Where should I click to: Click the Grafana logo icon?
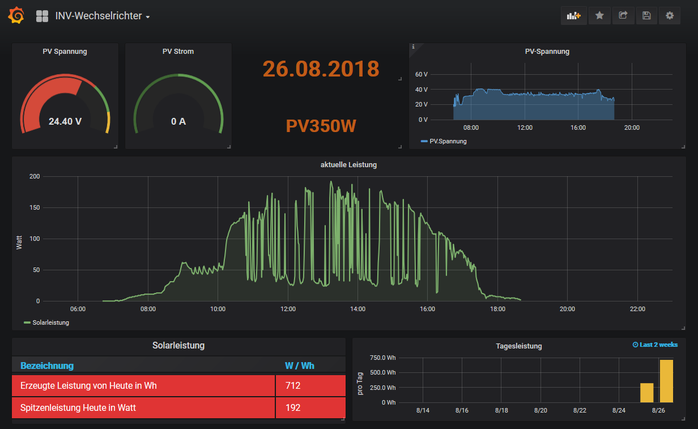16,15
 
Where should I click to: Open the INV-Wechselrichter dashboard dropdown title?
103,16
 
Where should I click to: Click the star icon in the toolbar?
599,15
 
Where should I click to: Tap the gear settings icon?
670,15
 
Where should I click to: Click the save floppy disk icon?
646,15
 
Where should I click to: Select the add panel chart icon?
574,15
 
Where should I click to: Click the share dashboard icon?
623,15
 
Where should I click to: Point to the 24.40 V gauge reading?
65,121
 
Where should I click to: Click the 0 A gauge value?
178,121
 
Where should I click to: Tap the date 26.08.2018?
321,69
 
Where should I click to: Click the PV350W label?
321,126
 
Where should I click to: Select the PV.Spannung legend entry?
444,141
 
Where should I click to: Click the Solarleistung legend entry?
46,322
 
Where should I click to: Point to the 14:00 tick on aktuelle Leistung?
357,309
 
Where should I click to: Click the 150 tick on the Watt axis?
35,207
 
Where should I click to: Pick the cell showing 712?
310,386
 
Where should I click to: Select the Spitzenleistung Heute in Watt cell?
143,407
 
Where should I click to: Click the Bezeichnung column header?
47,366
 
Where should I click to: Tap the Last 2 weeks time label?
655,345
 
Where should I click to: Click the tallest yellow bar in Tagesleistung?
666,381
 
